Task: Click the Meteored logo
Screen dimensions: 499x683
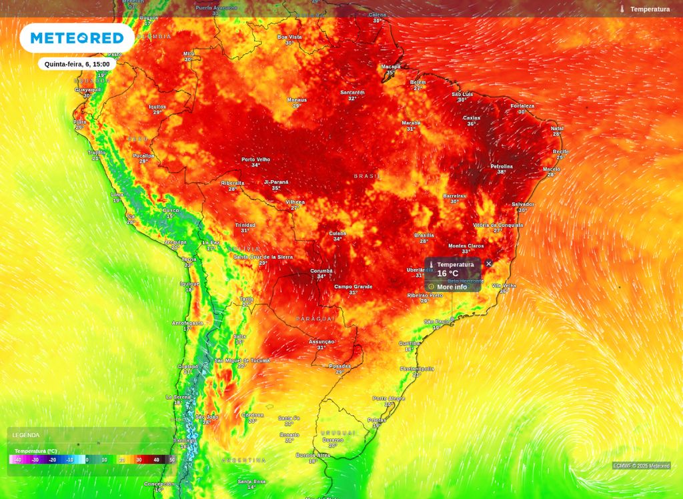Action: (x=77, y=38)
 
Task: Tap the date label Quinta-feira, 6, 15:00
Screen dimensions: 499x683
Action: (x=77, y=64)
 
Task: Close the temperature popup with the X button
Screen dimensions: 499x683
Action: (x=488, y=264)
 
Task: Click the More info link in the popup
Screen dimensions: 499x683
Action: (x=452, y=287)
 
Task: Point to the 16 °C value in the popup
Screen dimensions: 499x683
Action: (x=448, y=274)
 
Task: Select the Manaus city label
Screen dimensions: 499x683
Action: (x=297, y=100)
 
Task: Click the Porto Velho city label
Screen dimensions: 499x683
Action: (x=255, y=159)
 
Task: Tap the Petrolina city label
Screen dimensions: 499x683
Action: (x=501, y=166)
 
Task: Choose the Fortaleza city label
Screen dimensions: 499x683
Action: (x=522, y=106)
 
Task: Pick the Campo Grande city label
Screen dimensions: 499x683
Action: (x=353, y=287)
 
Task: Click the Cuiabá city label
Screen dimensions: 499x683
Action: (x=337, y=233)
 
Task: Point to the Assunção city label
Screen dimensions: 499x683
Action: (x=321, y=342)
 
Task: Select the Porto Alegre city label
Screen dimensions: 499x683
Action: (x=389, y=398)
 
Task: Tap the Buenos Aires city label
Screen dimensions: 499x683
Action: (x=312, y=456)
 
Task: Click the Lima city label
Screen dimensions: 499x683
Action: (x=117, y=194)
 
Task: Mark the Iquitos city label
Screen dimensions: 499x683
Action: (x=157, y=107)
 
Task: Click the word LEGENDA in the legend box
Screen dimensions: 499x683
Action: (x=26, y=435)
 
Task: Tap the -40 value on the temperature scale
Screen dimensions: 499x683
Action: (x=18, y=460)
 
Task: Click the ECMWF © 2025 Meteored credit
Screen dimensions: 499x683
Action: (x=641, y=466)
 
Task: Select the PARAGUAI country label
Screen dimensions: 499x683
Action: (x=315, y=319)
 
